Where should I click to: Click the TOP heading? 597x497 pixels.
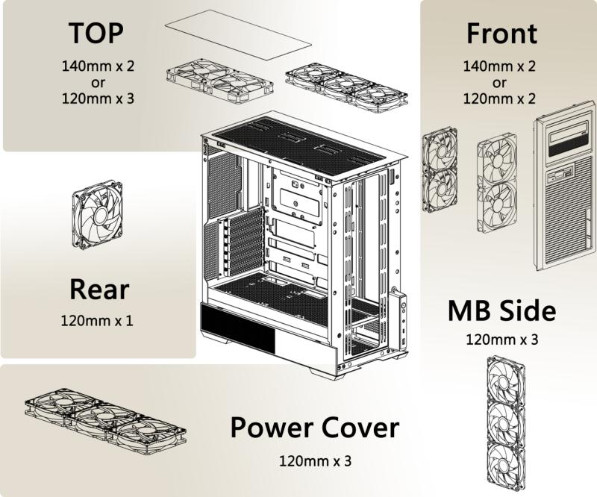(96, 34)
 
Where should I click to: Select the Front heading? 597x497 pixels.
(501, 34)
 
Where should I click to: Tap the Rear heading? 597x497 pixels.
(99, 290)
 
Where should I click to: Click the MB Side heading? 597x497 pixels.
(501, 311)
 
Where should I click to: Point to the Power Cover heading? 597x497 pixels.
(314, 428)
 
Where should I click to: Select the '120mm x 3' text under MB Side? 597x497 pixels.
(501, 340)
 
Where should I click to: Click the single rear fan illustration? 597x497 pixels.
(97, 213)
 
